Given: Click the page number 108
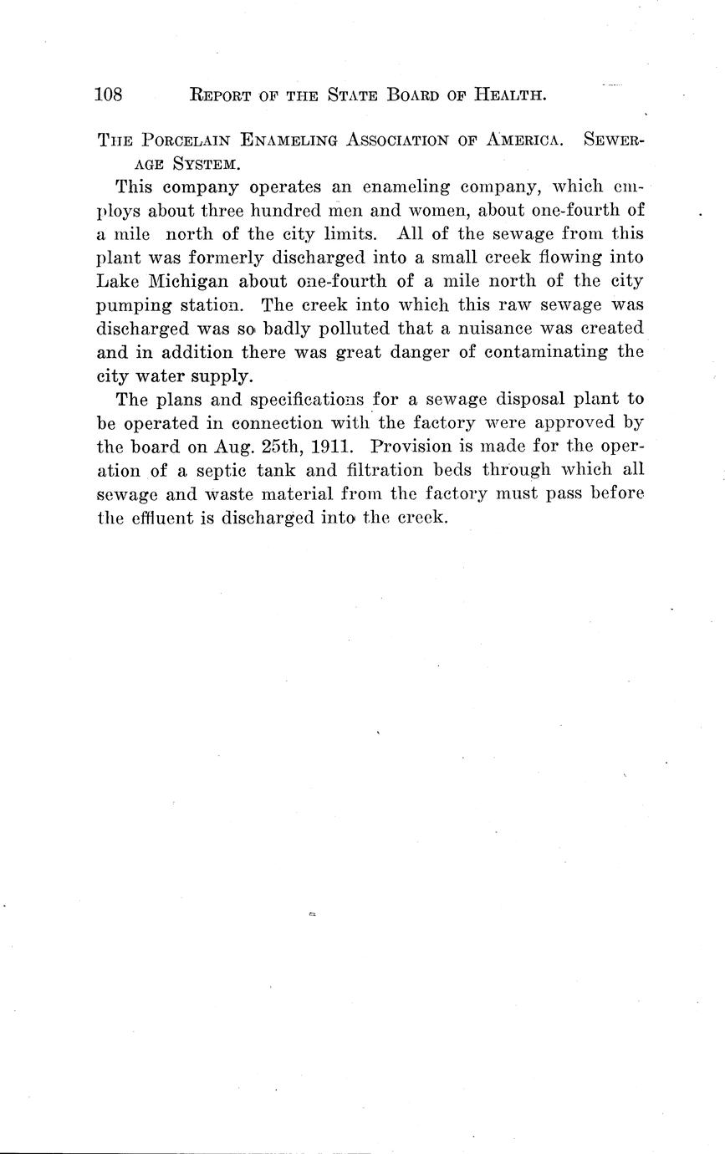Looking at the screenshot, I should point(109,94).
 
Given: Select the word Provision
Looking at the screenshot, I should point(415,447).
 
